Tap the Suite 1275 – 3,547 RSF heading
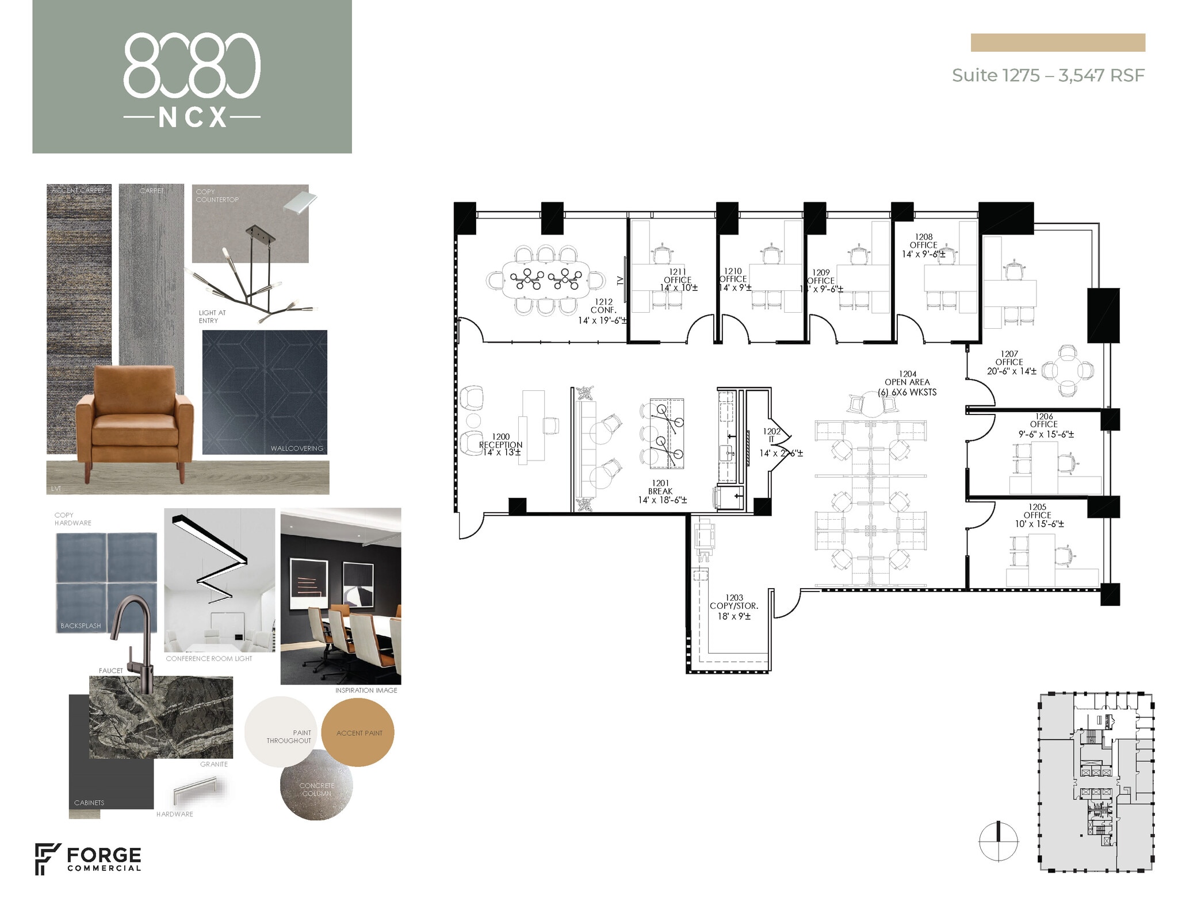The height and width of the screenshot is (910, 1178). pyautogui.click(x=1047, y=75)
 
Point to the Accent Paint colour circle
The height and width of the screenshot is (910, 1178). pyautogui.click(x=358, y=732)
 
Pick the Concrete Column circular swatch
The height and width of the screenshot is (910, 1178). pyautogui.click(x=316, y=786)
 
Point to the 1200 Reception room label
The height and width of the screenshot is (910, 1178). pyautogui.click(x=501, y=444)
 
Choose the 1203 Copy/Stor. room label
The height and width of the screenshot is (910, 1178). pyautogui.click(x=734, y=606)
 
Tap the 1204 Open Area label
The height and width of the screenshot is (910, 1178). pyautogui.click(x=907, y=383)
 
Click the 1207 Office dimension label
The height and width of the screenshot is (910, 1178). pyautogui.click(x=1011, y=371)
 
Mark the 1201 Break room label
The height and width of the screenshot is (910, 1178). pyautogui.click(x=661, y=492)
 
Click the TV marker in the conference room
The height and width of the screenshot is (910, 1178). pyautogui.click(x=620, y=281)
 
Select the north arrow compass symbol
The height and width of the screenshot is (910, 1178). pyautogui.click(x=999, y=842)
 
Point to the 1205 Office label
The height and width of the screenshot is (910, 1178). pyautogui.click(x=1038, y=515)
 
